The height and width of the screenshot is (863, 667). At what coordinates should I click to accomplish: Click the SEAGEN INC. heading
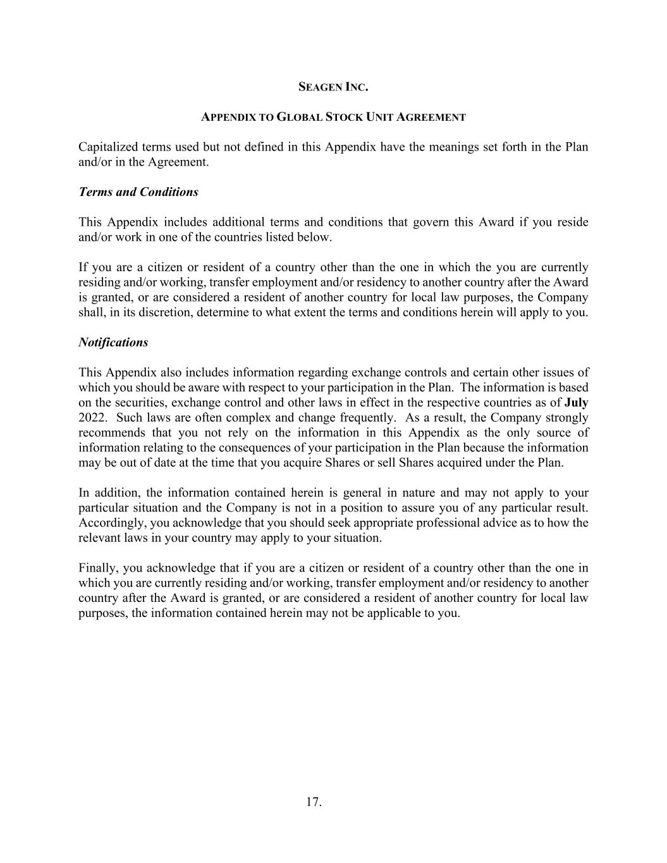(x=333, y=87)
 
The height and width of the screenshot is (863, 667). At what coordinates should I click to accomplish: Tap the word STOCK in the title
(x=345, y=117)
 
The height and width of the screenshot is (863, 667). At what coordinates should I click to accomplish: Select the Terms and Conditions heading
(x=138, y=192)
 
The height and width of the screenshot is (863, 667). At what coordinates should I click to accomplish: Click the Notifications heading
(x=113, y=343)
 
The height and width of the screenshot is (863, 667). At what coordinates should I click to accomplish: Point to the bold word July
(x=576, y=403)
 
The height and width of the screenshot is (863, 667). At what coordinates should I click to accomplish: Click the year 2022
(x=92, y=418)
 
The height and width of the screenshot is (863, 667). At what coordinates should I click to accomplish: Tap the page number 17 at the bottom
(x=314, y=802)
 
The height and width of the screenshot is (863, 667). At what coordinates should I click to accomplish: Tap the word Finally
(x=97, y=568)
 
